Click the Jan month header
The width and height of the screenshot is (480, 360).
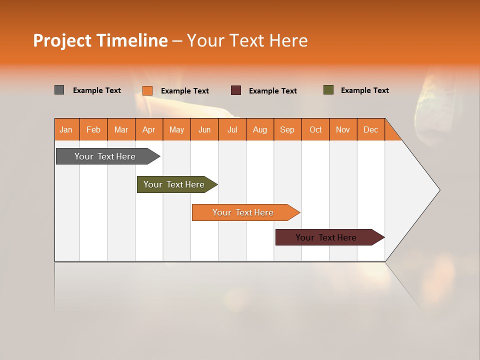click(x=66, y=129)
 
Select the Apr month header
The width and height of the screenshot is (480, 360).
click(x=148, y=129)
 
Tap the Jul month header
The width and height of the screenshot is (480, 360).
click(x=232, y=129)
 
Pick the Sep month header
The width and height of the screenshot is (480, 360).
click(x=287, y=129)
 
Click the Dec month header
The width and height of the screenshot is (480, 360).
click(x=370, y=129)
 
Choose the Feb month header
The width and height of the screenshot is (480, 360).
click(x=93, y=129)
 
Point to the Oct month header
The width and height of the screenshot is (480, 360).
click(x=315, y=129)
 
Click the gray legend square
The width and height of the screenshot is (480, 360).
click(x=59, y=90)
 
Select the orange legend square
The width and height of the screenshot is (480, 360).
click(x=147, y=90)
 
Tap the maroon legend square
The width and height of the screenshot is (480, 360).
click(x=236, y=90)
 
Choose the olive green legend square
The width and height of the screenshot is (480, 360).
click(x=328, y=90)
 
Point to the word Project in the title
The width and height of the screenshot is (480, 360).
click(x=62, y=40)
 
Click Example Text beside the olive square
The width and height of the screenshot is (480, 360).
click(x=364, y=90)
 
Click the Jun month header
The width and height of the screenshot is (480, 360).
click(x=204, y=129)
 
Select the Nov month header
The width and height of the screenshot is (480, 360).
click(x=343, y=129)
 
